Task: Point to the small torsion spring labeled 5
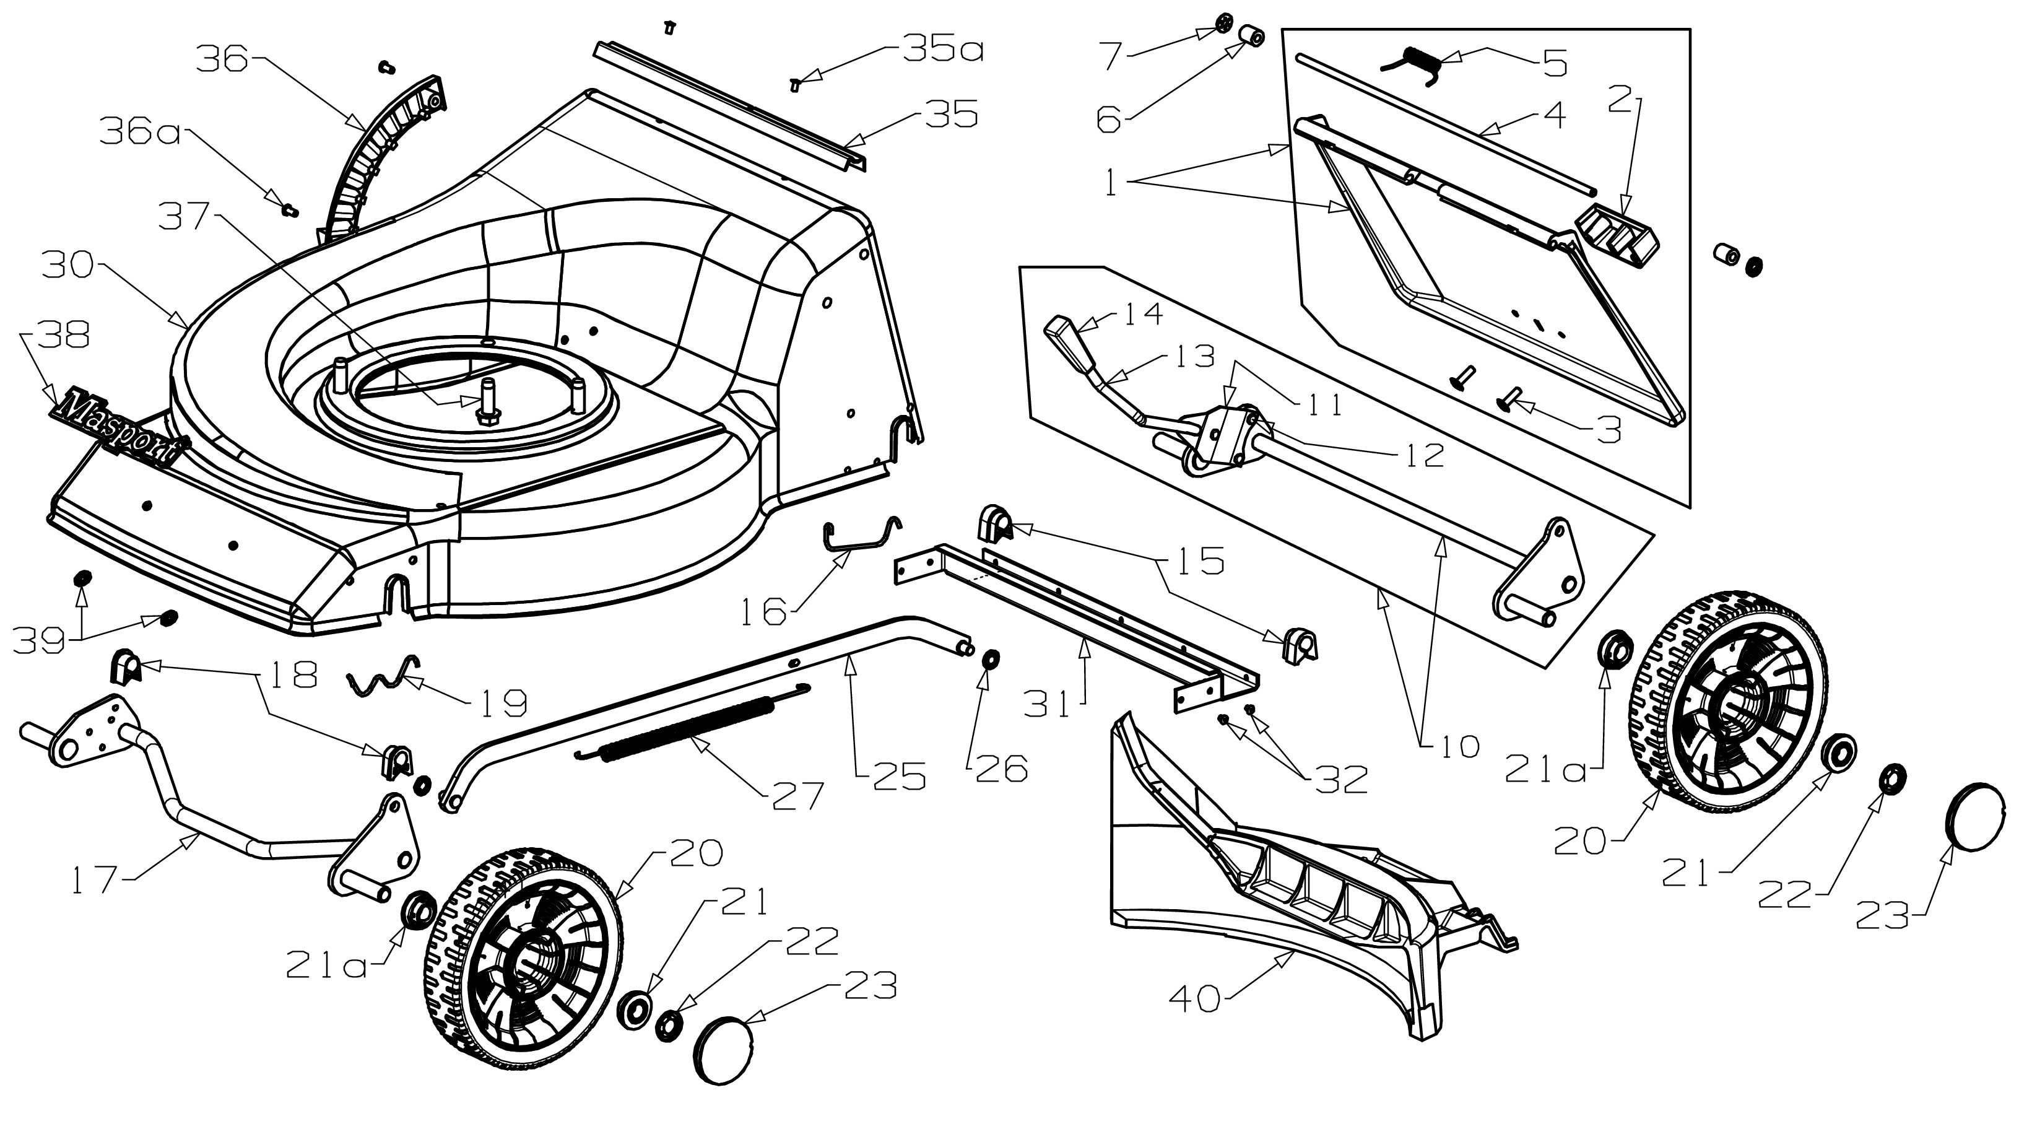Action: point(1411,63)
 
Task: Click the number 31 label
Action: point(1047,705)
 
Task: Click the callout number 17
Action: point(95,879)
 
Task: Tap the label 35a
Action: point(943,50)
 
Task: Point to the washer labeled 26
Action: point(990,657)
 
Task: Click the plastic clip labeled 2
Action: point(1618,233)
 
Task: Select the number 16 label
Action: point(763,611)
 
